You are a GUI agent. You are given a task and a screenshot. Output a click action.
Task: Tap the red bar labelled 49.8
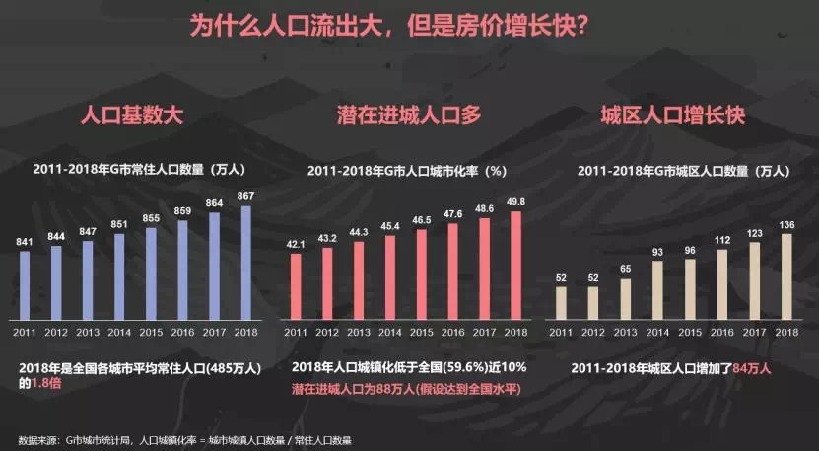pos(514,264)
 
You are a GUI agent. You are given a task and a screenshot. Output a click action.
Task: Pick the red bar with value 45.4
pos(390,277)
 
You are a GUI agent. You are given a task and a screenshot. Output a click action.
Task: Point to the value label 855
pos(151,218)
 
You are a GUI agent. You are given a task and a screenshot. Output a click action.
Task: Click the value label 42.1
pos(295,244)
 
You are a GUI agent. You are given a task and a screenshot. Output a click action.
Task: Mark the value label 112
pos(721,239)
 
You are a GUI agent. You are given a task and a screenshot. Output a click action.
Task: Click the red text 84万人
pos(752,369)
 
